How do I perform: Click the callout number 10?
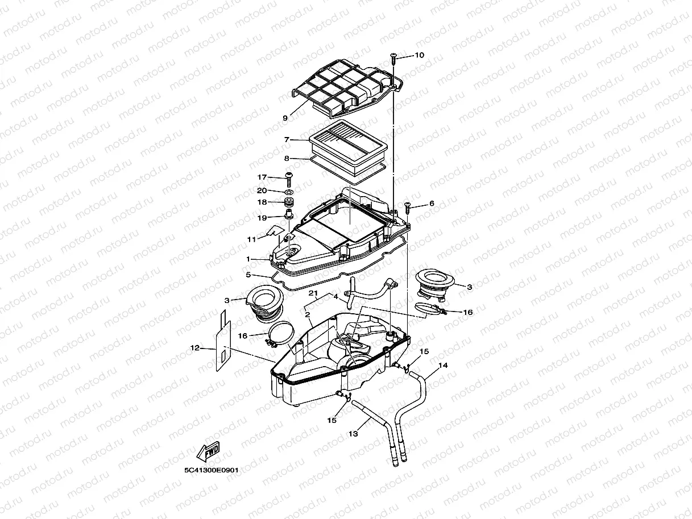point(419,56)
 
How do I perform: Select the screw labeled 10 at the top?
point(393,57)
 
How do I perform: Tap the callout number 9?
point(285,118)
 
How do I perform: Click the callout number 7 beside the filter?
point(287,139)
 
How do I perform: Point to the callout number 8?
point(287,159)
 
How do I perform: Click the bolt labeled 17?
point(288,179)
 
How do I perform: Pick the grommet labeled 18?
point(289,202)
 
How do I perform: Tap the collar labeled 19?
point(289,215)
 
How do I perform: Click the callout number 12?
point(194,347)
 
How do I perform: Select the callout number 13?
point(353,434)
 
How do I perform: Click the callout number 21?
point(312,293)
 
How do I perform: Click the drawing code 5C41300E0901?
point(210,471)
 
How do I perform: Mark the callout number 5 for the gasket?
point(248,275)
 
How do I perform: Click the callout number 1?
point(248,259)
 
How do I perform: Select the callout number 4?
point(335,297)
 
